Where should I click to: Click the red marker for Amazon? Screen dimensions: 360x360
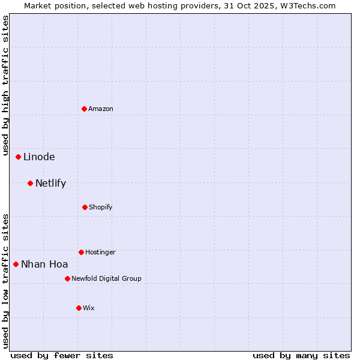[85, 109]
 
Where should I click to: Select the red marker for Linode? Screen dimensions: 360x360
[19, 157]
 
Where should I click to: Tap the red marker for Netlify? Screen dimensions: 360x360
[31, 183]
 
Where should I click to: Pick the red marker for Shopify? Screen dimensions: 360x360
[85, 207]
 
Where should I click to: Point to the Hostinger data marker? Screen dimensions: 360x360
[81, 252]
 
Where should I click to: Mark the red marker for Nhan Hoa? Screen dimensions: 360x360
[16, 264]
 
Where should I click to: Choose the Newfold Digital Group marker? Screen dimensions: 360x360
[67, 278]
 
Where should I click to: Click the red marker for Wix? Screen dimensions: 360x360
[79, 308]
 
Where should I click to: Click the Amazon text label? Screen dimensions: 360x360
[101, 109]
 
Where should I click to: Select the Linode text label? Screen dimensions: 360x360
[39, 157]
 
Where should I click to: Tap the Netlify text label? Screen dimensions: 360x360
[50, 183]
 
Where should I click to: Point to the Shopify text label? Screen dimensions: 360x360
[101, 207]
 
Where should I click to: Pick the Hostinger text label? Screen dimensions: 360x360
[100, 252]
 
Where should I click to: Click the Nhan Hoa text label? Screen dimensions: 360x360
[44, 264]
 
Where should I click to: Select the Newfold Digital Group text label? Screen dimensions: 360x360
[106, 278]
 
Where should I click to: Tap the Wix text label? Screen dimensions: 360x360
[89, 308]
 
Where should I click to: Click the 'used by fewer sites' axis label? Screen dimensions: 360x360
[61, 355]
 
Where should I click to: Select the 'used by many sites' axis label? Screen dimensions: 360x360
[301, 355]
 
